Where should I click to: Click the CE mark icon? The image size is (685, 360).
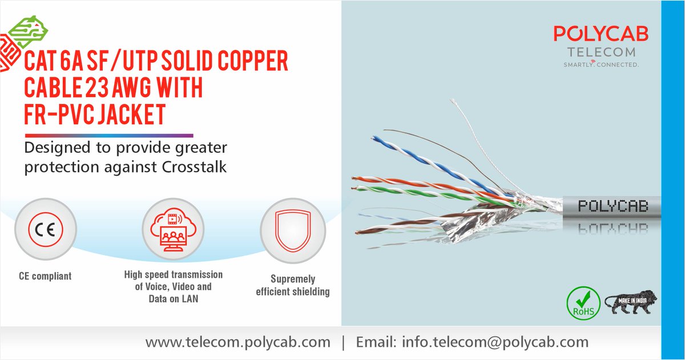pos(45,230)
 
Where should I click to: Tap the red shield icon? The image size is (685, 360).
pos(293,230)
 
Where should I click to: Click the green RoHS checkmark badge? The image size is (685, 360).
pos(583,303)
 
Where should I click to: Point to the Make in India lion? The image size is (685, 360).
pos(630,302)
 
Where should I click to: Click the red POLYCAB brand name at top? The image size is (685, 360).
pos(600,34)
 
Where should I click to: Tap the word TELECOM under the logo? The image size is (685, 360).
pos(600,52)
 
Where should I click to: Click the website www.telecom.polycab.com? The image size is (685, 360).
pos(237,342)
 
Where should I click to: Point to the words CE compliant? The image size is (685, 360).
pos(45,276)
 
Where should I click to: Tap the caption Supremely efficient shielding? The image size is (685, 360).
pos(293,286)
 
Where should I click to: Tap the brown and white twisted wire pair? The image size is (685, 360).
pos(400,225)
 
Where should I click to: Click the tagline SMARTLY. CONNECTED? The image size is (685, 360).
pos(600,64)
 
